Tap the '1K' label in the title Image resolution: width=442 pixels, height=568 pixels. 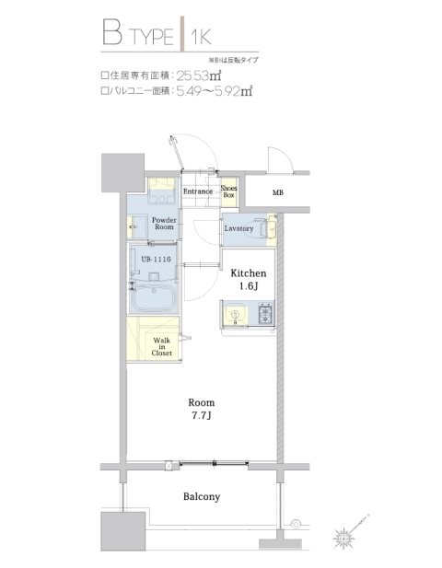(202, 36)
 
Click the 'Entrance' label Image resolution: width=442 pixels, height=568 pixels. (199, 191)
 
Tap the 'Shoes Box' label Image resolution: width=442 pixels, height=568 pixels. (229, 191)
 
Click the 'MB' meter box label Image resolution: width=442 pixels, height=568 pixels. (277, 193)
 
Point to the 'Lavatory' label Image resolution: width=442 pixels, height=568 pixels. (238, 228)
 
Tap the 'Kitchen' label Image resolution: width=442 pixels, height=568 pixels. (248, 273)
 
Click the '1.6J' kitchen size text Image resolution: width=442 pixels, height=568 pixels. (248, 288)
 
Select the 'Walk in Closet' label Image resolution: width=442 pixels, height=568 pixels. (161, 346)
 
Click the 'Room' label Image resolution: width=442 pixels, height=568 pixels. (201, 401)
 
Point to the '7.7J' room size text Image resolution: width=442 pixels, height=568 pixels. (201, 417)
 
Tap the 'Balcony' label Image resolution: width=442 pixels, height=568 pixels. (201, 496)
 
